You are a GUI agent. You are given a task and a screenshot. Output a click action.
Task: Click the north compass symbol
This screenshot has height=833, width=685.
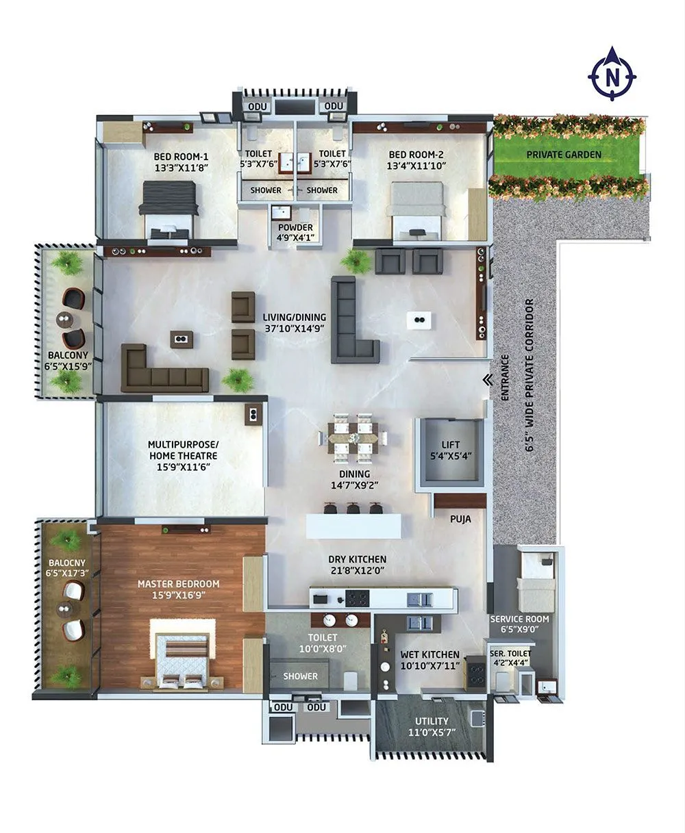[612, 74]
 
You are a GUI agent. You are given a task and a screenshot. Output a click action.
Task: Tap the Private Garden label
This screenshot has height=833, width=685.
[564, 155]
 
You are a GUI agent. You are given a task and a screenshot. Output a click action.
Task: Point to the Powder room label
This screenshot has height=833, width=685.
[295, 228]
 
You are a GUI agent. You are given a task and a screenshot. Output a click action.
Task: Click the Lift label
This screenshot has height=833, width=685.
[451, 444]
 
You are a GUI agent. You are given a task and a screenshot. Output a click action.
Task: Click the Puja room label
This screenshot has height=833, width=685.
[460, 519]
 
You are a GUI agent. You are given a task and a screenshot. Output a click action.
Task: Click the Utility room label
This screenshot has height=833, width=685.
[432, 721]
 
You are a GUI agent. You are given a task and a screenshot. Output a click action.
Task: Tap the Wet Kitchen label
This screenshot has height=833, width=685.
[430, 655]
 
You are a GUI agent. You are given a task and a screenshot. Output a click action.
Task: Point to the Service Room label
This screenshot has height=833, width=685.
[519, 619]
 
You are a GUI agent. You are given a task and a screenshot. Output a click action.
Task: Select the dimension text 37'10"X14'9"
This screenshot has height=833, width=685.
[294, 328]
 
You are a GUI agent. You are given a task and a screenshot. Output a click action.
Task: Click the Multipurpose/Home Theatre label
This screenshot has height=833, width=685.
[182, 450]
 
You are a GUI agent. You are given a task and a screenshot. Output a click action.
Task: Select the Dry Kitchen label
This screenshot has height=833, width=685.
[357, 559]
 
